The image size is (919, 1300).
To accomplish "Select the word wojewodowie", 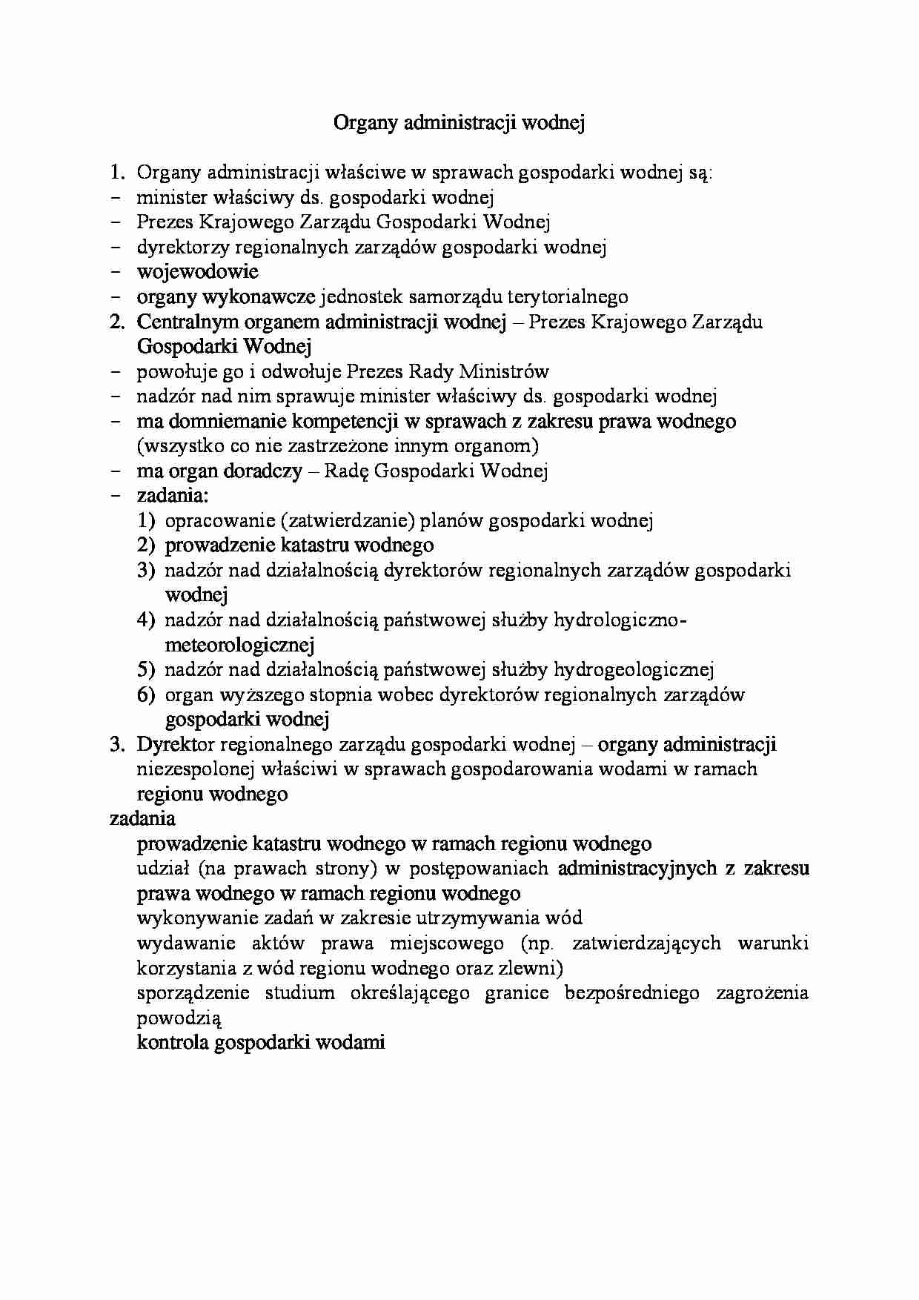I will point(197,271).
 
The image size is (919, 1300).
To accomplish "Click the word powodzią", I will point(179,1018).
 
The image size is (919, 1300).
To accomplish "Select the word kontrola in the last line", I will point(172,1043).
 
